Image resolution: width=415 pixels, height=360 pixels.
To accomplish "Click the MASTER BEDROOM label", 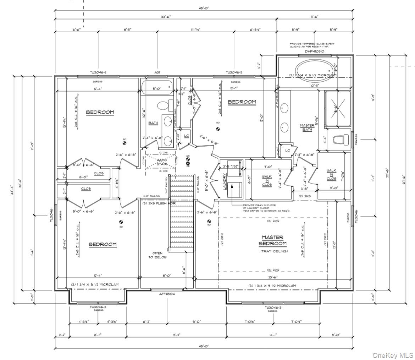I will click(x=272, y=240).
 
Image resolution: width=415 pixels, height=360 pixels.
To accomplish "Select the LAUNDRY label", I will click(x=225, y=181).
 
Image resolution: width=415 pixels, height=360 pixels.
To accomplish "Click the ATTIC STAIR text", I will click(x=162, y=162).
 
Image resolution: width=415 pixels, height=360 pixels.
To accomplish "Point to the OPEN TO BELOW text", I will click(x=155, y=255).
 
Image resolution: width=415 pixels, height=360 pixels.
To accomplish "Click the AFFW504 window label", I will click(x=166, y=294).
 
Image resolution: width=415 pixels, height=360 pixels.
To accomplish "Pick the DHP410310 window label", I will click(x=314, y=51).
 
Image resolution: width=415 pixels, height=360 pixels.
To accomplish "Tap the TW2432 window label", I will click(x=356, y=140).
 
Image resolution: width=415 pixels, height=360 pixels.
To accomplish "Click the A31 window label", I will click(x=157, y=72).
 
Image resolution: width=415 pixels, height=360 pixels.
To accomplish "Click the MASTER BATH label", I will click(x=307, y=127).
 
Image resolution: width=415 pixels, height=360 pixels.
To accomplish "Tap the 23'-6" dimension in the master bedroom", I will click(x=273, y=277).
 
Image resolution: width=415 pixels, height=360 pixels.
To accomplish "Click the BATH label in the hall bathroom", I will click(x=153, y=123).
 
